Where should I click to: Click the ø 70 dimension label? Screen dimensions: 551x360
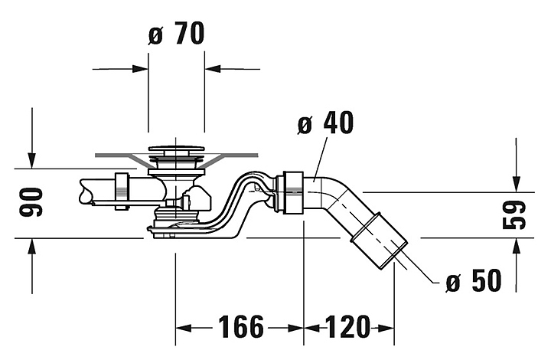(x=177, y=34)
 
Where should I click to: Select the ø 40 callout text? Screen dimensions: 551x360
(x=326, y=123)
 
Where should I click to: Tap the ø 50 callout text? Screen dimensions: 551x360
(x=474, y=280)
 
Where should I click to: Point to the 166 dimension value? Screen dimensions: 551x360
(x=241, y=327)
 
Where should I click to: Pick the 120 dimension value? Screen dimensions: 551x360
(x=348, y=327)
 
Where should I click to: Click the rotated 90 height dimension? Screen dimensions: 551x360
(x=31, y=202)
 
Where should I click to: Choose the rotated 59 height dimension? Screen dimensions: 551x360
(x=514, y=214)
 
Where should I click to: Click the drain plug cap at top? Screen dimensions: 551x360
(x=176, y=149)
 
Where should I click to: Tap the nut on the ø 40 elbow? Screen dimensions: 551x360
(x=290, y=192)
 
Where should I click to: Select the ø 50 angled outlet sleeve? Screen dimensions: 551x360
(x=379, y=241)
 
